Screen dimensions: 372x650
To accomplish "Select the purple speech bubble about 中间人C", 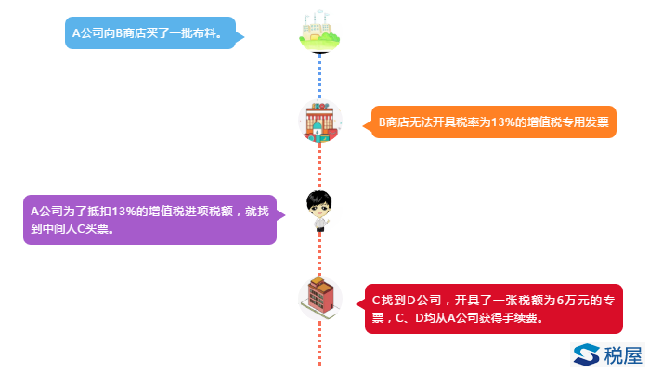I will pyautogui.click(x=149, y=220).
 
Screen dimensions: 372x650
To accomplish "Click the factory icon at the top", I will pyautogui.click(x=320, y=32).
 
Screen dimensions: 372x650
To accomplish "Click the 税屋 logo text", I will pyautogui.click(x=622, y=354).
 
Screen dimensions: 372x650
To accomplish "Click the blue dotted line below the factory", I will pyautogui.click(x=319, y=74).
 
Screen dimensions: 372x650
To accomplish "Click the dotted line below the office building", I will pyautogui.click(x=319, y=343).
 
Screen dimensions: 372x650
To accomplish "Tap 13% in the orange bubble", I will pyautogui.click(x=500, y=122).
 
